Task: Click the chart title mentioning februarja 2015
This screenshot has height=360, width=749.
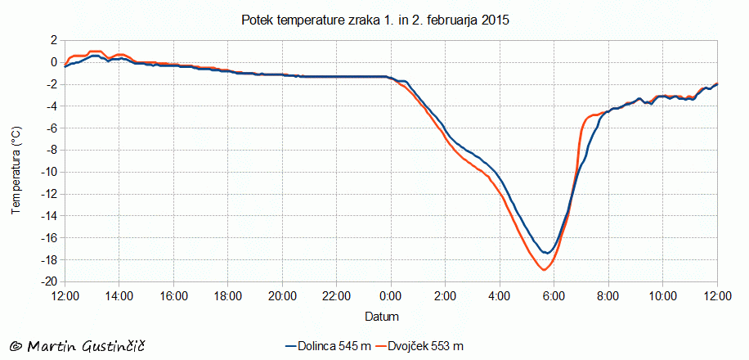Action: (375, 20)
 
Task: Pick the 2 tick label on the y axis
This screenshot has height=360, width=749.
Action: (53, 39)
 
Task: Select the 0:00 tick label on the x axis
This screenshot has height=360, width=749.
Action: (391, 295)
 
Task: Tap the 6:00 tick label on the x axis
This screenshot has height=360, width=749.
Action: (554, 295)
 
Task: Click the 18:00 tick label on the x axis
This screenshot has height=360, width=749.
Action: (228, 295)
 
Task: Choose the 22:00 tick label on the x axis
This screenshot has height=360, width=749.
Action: (337, 295)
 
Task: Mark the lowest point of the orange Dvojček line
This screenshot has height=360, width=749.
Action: (544, 269)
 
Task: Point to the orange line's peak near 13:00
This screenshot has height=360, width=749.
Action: (94, 51)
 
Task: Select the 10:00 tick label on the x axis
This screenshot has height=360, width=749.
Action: (663, 295)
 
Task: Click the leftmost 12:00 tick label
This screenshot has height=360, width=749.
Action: (65, 295)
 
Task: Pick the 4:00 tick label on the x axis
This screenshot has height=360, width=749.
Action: (500, 295)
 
